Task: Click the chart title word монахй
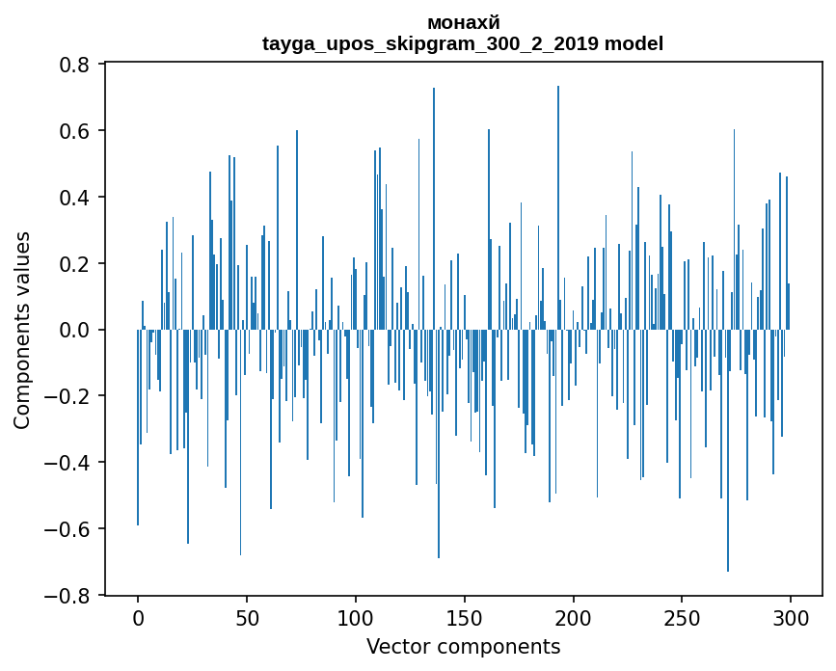pos(463,22)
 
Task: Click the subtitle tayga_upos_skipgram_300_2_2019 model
pos(463,43)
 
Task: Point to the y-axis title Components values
pos(22,330)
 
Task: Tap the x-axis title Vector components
pos(463,646)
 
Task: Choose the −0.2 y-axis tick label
pos(70,396)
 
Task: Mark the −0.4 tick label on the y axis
pos(70,463)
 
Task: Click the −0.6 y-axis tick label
pos(70,529)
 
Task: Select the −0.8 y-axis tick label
pos(70,596)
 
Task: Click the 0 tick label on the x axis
pos(138,617)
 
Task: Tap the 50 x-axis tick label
pos(247,617)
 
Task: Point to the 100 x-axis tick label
pos(356,617)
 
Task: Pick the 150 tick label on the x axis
pos(465,617)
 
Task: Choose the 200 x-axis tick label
pos(574,617)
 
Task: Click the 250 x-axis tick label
pos(683,617)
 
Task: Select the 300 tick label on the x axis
pos(792,617)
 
